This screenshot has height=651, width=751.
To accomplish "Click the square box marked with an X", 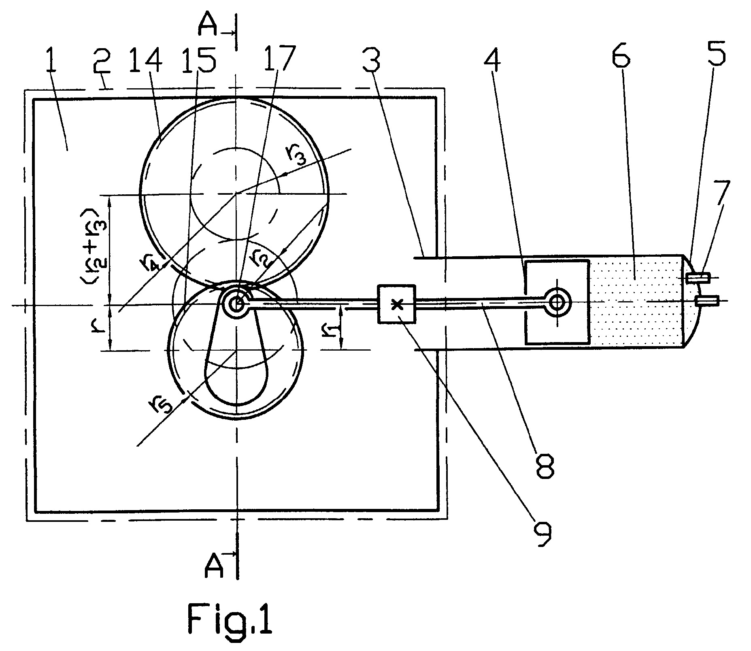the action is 396,304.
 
